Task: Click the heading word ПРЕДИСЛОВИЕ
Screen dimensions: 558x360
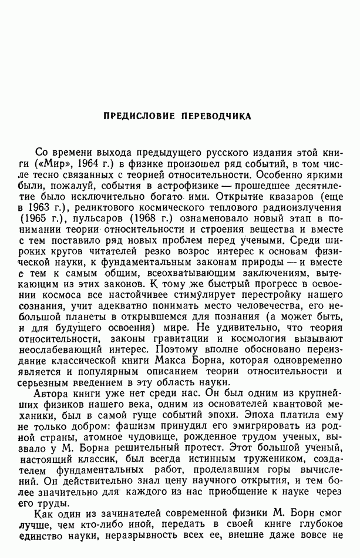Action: tap(138, 116)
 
